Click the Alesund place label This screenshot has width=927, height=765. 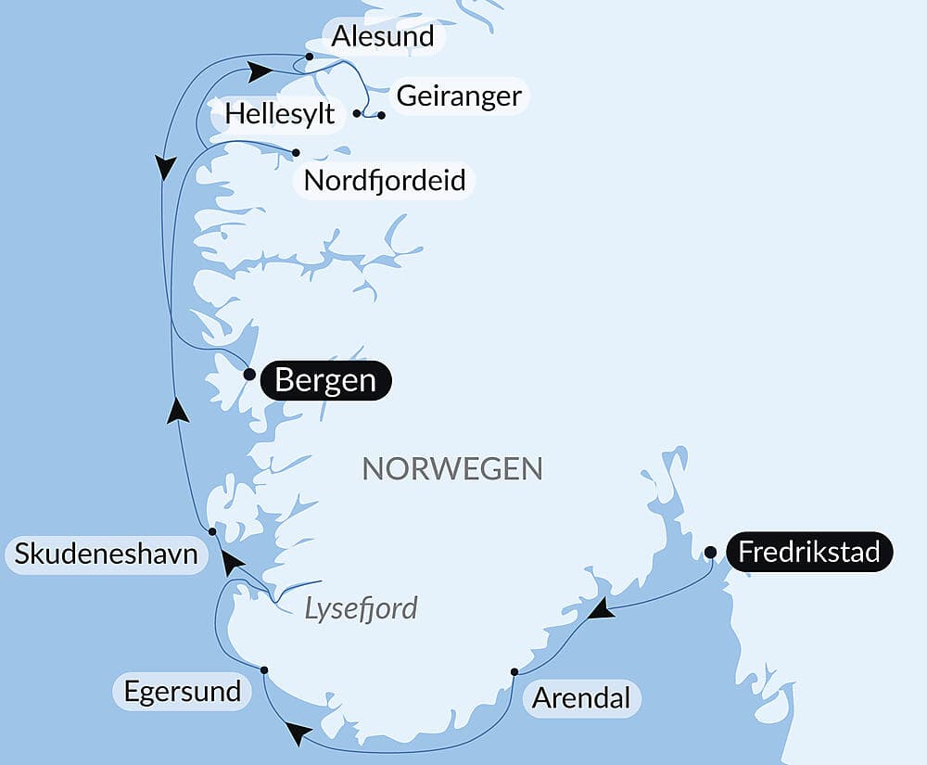383,37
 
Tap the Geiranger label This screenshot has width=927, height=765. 459,96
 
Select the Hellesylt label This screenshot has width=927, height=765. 279,116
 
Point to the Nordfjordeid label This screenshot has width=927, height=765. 385,180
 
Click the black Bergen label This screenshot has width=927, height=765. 325,381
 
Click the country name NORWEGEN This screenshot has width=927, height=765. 451,468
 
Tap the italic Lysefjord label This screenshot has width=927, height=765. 362,608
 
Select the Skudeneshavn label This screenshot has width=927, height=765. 106,555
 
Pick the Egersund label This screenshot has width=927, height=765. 182,691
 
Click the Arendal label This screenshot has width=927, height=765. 581,697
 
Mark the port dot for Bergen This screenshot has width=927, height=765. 248,375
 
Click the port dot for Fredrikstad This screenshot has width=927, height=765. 710,553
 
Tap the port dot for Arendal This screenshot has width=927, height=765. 514,671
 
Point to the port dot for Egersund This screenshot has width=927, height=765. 264,669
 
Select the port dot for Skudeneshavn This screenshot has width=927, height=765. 212,531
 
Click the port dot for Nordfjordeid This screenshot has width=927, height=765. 296,152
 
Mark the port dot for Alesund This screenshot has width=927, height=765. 309,56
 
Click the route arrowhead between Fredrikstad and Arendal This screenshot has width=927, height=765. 603,609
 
